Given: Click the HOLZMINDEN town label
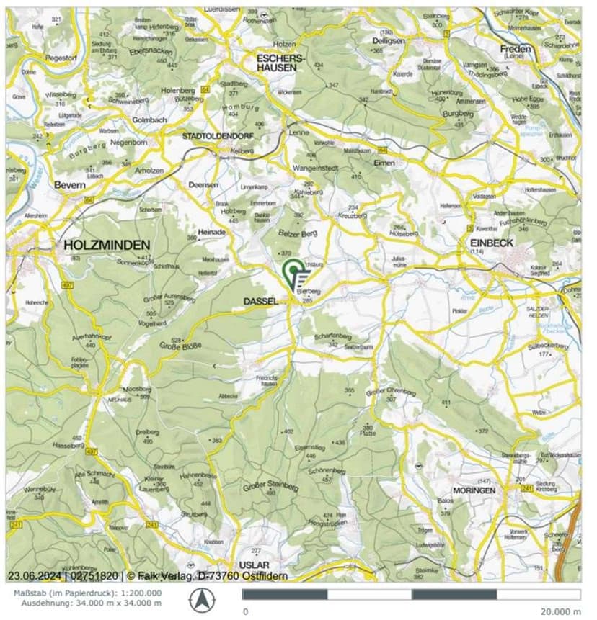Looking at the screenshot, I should [x=107, y=244].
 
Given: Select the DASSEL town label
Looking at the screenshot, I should [x=262, y=302].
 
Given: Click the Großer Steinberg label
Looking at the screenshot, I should [x=272, y=486].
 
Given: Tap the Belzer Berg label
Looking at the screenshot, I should [x=298, y=234].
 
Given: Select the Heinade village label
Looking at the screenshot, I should [x=213, y=233].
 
